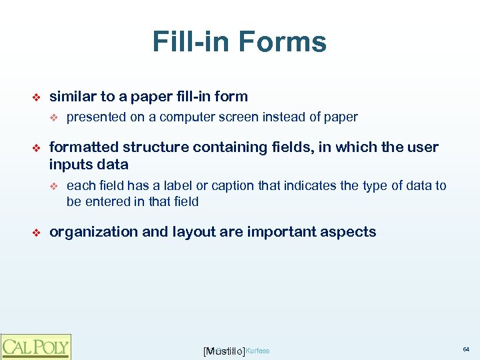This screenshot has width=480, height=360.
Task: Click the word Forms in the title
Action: pyautogui.click(x=283, y=42)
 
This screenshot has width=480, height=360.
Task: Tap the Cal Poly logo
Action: pyautogui.click(x=35, y=347)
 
